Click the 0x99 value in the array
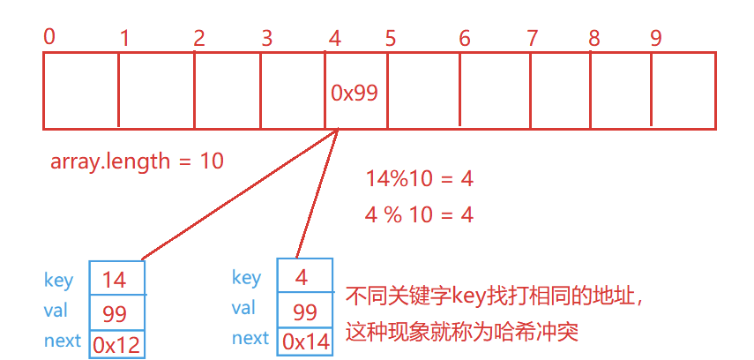point(355,93)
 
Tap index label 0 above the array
point(49,36)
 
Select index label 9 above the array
point(655,38)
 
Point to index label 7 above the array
point(532,38)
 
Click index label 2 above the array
point(199,38)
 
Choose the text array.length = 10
point(137,161)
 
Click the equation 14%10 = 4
point(420,179)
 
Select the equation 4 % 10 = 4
point(420,214)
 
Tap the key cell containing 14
point(115,280)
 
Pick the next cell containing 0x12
point(115,341)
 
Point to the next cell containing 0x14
point(304,340)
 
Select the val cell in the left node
point(115,311)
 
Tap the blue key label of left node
point(59,281)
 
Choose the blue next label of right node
point(250,338)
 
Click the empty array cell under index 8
point(620,91)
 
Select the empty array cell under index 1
point(156,91)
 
